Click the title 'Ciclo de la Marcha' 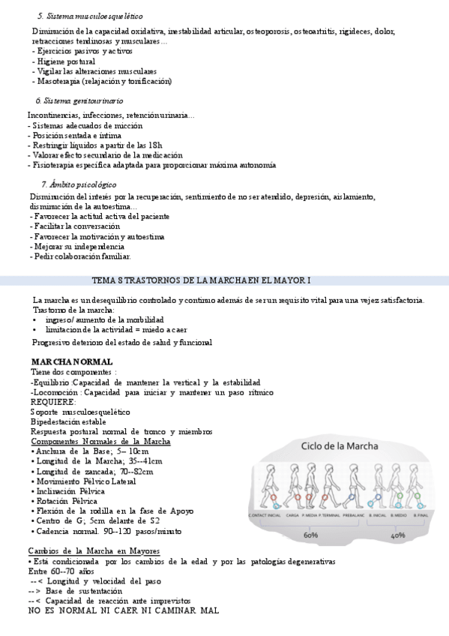pos(340,445)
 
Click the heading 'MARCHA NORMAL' pos(61,361)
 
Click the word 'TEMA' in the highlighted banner pos(103,280)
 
